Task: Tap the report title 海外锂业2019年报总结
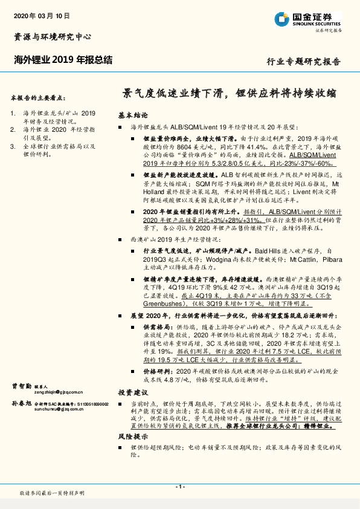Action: pos(63,59)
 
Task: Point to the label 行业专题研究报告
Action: pos(303,62)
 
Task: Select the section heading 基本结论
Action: pos(132,114)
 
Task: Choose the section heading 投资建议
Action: pos(132,392)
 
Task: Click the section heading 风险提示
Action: pos(132,435)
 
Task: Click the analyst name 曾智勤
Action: pos(22,385)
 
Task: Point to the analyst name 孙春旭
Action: pos(22,403)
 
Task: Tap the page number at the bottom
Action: pos(179,487)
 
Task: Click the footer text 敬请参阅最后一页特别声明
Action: pos(52,493)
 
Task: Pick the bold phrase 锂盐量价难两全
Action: pos(164,138)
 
